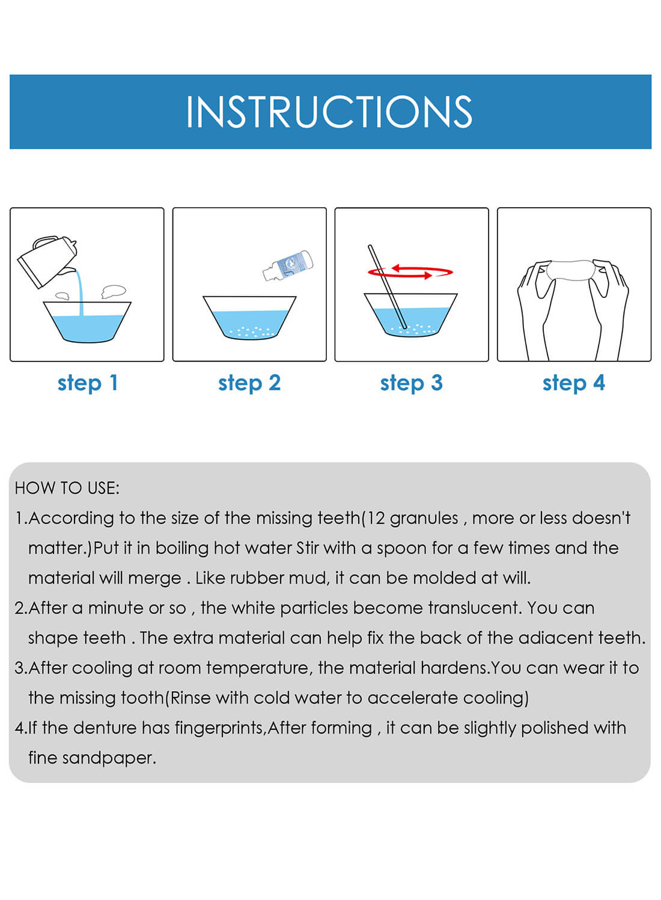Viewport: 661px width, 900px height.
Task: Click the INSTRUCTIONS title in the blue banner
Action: pyautogui.click(x=329, y=112)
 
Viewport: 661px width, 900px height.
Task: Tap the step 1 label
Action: pyautogui.click(x=88, y=383)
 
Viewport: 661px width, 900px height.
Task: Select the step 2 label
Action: pyautogui.click(x=249, y=383)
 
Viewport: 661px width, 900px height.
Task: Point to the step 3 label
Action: pyautogui.click(x=412, y=383)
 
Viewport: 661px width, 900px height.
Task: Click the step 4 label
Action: pyautogui.click(x=574, y=383)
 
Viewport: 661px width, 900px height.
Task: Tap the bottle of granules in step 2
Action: pyautogui.click(x=289, y=265)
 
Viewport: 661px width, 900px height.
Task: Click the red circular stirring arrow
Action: pyautogui.click(x=411, y=273)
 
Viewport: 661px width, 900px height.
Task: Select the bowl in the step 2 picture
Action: pyautogui.click(x=249, y=317)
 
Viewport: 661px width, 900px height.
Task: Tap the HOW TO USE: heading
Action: pyautogui.click(x=67, y=488)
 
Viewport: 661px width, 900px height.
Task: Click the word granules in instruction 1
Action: pyautogui.click(x=424, y=518)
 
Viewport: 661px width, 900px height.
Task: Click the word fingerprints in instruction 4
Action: pyautogui.click(x=219, y=728)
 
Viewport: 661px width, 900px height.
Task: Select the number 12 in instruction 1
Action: pyautogui.click(x=376, y=518)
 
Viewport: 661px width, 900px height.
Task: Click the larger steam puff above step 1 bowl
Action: pyautogui.click(x=113, y=292)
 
